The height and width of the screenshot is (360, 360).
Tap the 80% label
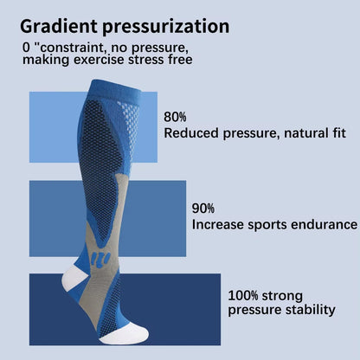[175, 116]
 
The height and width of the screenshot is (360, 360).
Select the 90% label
[203, 208]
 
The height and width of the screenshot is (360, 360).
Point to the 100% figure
[244, 294]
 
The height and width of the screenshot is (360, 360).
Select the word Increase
[218, 224]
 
